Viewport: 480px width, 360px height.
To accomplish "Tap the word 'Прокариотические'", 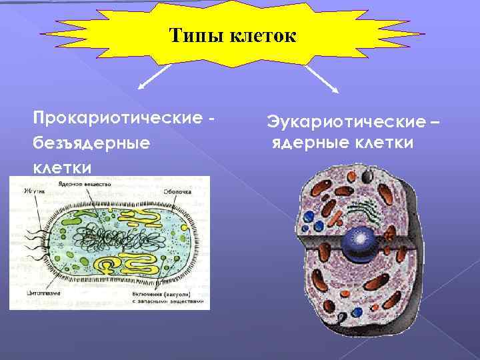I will click(x=115, y=119).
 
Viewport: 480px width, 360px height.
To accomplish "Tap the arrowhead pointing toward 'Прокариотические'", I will click(x=141, y=86).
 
